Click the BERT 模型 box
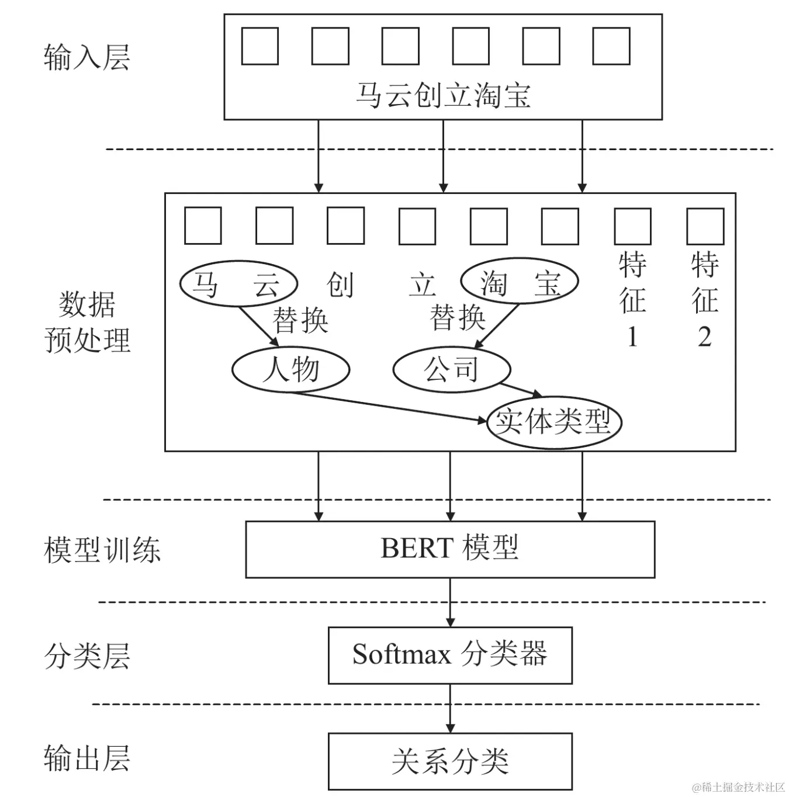pyautogui.click(x=449, y=549)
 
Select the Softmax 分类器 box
pyautogui.click(x=449, y=655)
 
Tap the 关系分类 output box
pyautogui.click(x=449, y=761)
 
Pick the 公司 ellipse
pyautogui.click(x=451, y=369)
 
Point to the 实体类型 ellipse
pyautogui.click(x=553, y=422)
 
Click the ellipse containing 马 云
pyautogui.click(x=238, y=284)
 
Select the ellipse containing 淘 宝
pyautogui.click(x=519, y=282)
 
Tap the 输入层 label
pyautogui.click(x=86, y=58)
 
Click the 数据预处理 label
pyautogui.click(x=88, y=322)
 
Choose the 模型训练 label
pyautogui.click(x=102, y=550)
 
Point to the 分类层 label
pyautogui.click(x=86, y=656)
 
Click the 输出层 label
pyautogui.click(x=86, y=758)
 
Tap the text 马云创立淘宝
pyautogui.click(x=443, y=95)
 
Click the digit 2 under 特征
pyautogui.click(x=704, y=338)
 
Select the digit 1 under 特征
pyautogui.click(x=632, y=338)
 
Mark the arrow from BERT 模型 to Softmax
pyautogui.click(x=449, y=602)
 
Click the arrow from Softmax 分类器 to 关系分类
pyautogui.click(x=449, y=708)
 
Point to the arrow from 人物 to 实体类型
pyautogui.click(x=389, y=406)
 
